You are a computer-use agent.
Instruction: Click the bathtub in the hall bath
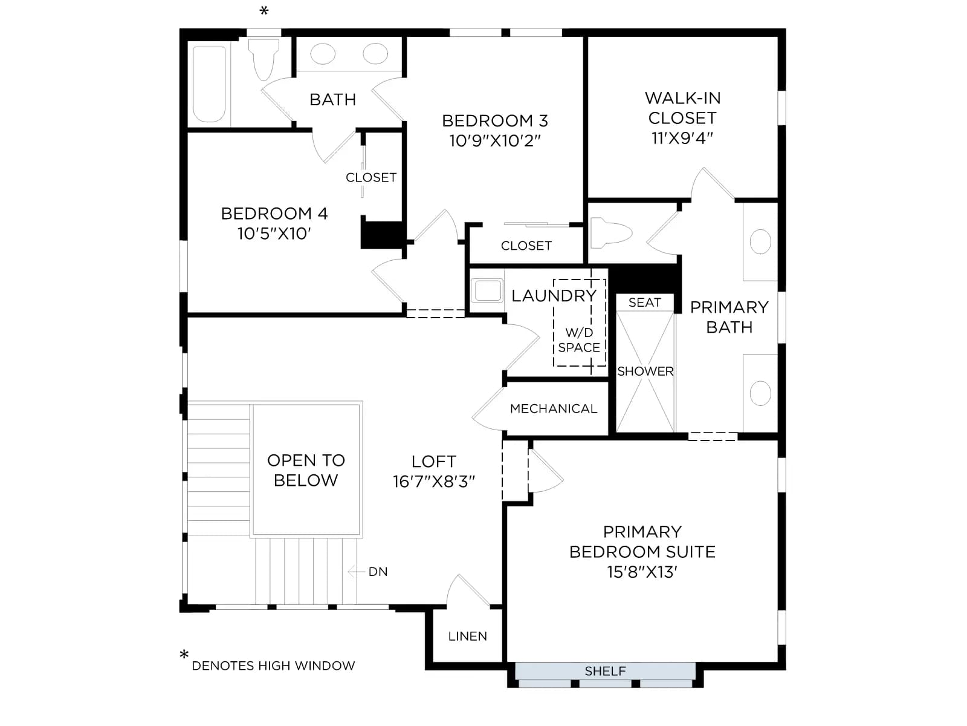(209, 83)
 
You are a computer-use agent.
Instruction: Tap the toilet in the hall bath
(264, 59)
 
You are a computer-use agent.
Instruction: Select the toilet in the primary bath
(610, 233)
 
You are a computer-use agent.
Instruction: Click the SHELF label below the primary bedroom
(605, 671)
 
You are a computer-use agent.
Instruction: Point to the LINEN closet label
(467, 636)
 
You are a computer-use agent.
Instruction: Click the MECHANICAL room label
(554, 408)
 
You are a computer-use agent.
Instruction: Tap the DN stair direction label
(378, 572)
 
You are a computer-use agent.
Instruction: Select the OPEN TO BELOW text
(306, 470)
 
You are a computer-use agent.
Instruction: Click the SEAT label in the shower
(644, 302)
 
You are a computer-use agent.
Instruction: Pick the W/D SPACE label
(579, 340)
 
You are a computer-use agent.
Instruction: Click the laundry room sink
(487, 290)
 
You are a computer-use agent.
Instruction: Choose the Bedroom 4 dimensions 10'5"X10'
(274, 234)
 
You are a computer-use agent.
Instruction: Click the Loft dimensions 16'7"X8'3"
(434, 482)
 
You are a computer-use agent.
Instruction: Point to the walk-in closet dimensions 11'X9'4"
(682, 139)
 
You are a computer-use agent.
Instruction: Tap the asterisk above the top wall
(264, 10)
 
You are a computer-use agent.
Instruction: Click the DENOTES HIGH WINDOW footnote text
(273, 665)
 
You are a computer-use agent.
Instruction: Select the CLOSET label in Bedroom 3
(526, 246)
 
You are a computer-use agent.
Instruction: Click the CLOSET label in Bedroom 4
(371, 177)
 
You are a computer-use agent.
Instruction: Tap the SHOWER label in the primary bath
(645, 371)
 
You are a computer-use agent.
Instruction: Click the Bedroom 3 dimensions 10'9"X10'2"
(495, 141)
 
